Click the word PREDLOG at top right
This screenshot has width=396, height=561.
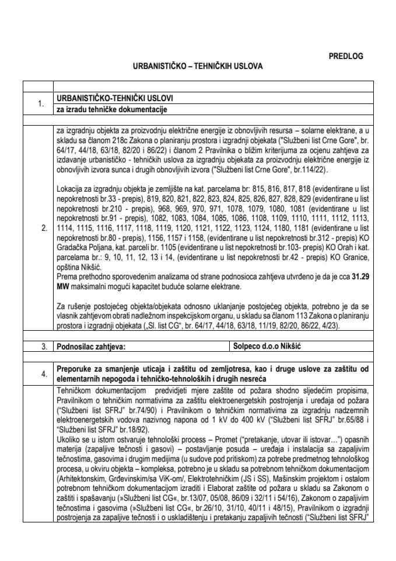coord(346,56)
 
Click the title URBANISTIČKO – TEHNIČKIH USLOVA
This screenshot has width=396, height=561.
coord(198,67)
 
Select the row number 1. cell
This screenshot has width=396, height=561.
coord(40,104)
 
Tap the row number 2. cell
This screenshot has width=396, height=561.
coord(40,228)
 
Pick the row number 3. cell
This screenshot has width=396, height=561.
coord(40,347)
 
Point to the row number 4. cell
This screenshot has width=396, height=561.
coord(40,373)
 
